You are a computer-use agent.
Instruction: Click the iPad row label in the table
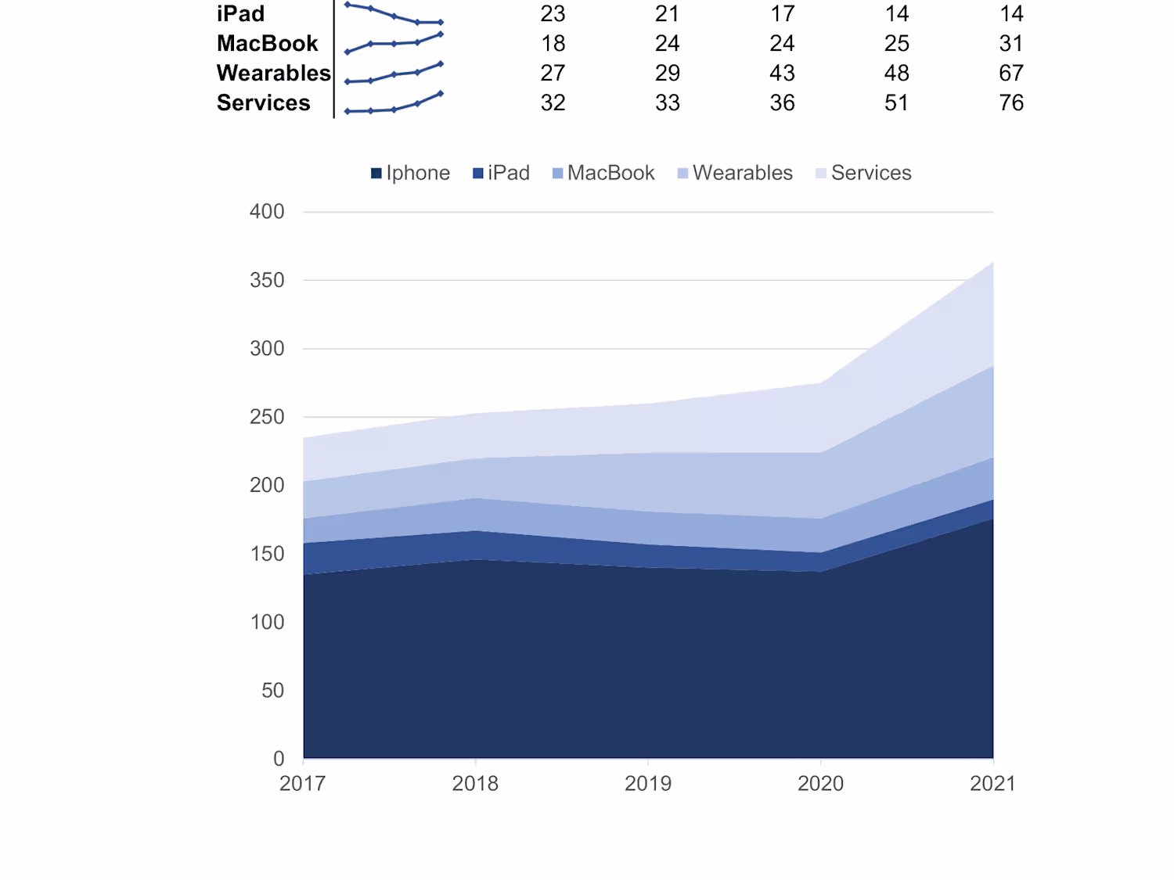(240, 14)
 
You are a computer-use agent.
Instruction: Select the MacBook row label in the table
(267, 44)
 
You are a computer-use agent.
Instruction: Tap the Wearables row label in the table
(273, 74)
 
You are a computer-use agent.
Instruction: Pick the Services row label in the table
(263, 103)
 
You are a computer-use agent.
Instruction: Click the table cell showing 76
(1010, 103)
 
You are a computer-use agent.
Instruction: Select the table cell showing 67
(1010, 74)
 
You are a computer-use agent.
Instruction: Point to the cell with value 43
(782, 74)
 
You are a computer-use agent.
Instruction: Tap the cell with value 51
(896, 103)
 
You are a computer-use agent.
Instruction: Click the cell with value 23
(553, 14)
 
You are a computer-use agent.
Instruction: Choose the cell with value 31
(1010, 44)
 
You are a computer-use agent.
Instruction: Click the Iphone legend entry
(410, 173)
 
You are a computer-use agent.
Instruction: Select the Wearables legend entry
(735, 173)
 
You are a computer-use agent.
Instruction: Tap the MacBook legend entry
(603, 173)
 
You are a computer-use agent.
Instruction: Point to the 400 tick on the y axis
(267, 212)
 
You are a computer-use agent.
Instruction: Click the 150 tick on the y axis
(267, 554)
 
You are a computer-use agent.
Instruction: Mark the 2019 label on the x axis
(648, 784)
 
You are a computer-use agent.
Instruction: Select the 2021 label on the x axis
(992, 784)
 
